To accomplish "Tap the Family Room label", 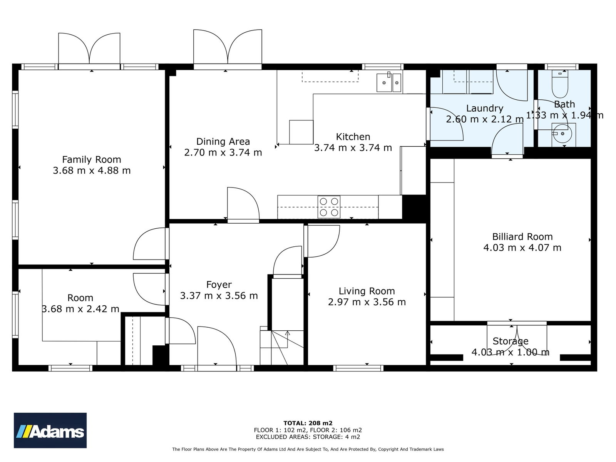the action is pyautogui.click(x=92, y=159).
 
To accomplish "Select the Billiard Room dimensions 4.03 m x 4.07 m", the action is pyautogui.click(x=522, y=248).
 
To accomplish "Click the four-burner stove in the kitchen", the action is pyautogui.click(x=329, y=207).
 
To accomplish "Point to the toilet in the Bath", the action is pyautogui.click(x=559, y=84).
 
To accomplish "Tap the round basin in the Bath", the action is pyautogui.click(x=563, y=134).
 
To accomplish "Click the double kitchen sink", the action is pyautogui.click(x=388, y=82).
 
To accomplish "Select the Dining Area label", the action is pyautogui.click(x=223, y=141).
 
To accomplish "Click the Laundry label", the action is pyautogui.click(x=484, y=108).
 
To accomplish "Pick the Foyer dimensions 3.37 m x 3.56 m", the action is pyautogui.click(x=219, y=296).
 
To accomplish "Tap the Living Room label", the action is pyautogui.click(x=367, y=291).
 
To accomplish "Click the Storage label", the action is pyautogui.click(x=511, y=341).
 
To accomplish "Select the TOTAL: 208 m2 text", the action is pyautogui.click(x=308, y=423).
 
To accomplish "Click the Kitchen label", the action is pyautogui.click(x=353, y=137).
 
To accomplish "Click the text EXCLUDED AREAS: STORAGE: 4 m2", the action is pyautogui.click(x=308, y=437).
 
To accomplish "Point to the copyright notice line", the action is pyautogui.click(x=308, y=449).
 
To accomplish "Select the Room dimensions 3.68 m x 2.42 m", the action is pyautogui.click(x=80, y=309).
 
